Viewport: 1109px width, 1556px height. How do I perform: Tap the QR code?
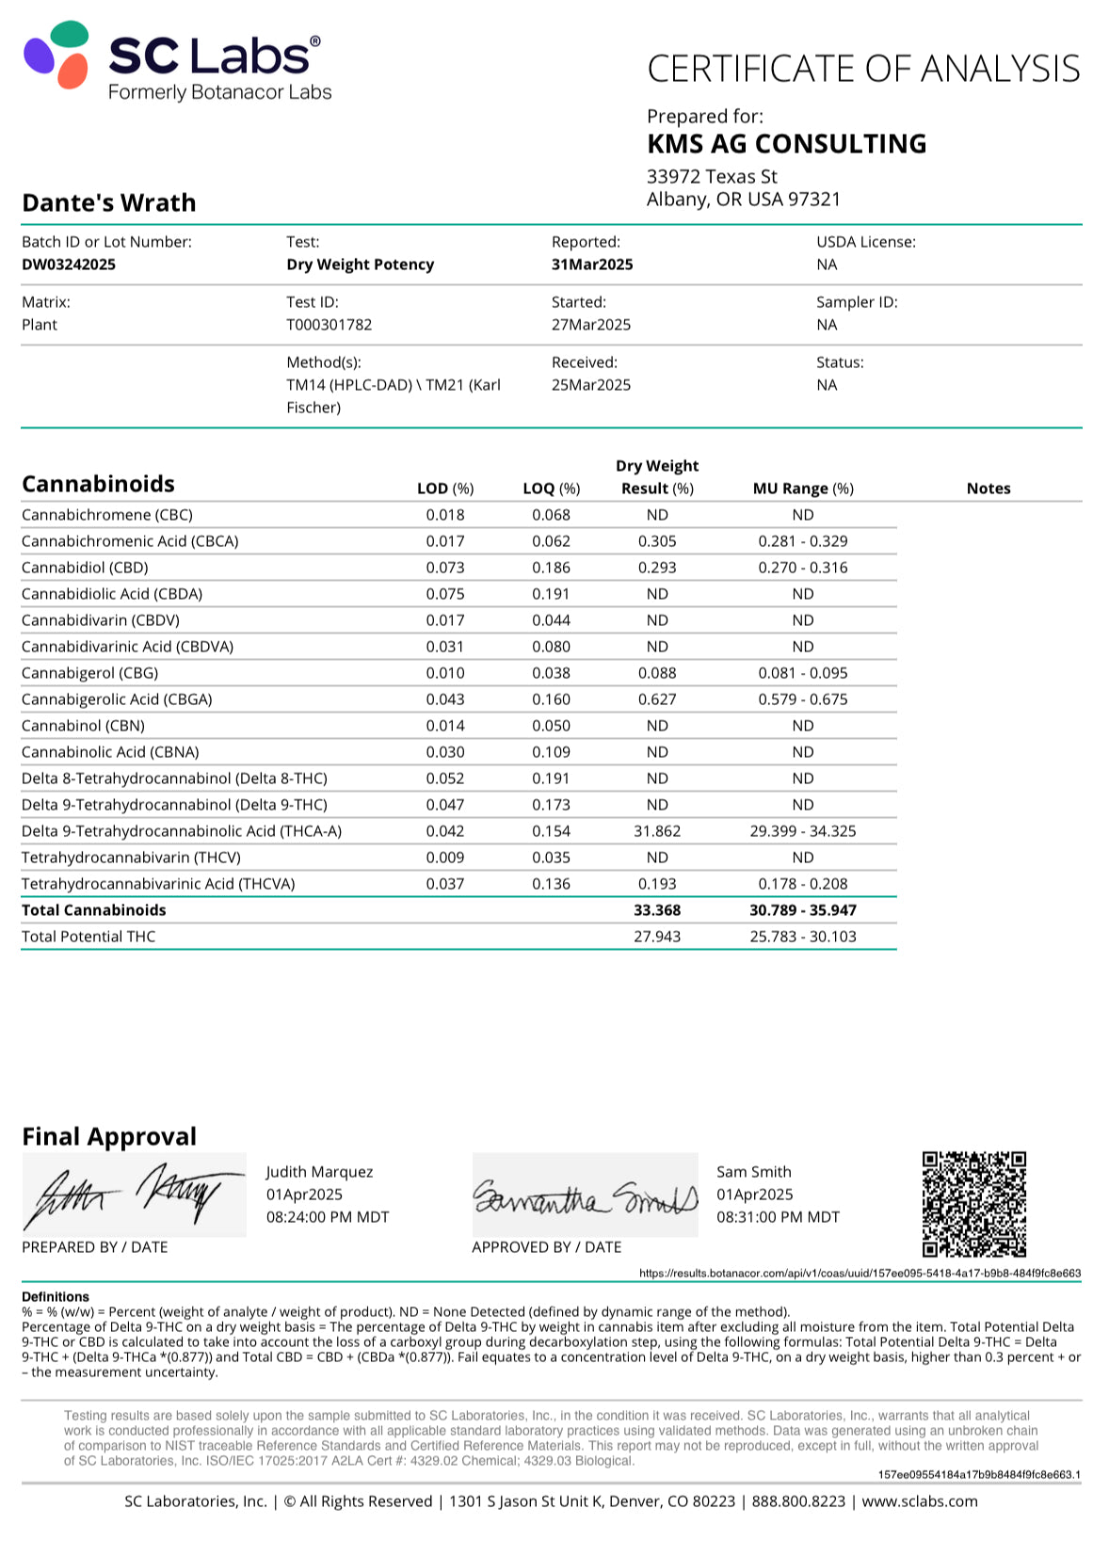(x=973, y=1203)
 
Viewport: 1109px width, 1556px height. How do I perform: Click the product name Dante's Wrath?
(x=109, y=202)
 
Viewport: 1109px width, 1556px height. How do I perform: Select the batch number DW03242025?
(x=69, y=265)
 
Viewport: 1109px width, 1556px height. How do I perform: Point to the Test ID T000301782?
(x=329, y=325)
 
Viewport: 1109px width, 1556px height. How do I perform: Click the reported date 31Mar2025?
(x=592, y=265)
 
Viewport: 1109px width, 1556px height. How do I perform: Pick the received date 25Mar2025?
(x=591, y=385)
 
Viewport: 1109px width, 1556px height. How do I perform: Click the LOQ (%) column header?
(x=552, y=489)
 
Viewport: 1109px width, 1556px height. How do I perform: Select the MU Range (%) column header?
(x=803, y=489)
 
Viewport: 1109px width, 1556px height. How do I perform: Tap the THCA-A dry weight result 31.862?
(x=657, y=831)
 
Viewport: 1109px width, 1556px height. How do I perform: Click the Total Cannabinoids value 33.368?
(x=657, y=910)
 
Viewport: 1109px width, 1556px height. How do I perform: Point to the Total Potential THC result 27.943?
(x=657, y=937)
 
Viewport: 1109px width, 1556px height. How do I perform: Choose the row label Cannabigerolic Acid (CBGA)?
(x=117, y=699)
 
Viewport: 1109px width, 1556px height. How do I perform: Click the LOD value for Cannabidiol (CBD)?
(x=445, y=568)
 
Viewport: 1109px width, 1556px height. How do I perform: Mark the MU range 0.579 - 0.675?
(x=803, y=699)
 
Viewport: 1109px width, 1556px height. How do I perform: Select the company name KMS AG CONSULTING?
(x=786, y=144)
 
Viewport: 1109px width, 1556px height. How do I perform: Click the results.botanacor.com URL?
(x=860, y=1273)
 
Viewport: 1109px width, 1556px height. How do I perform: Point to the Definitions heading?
(x=56, y=1296)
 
